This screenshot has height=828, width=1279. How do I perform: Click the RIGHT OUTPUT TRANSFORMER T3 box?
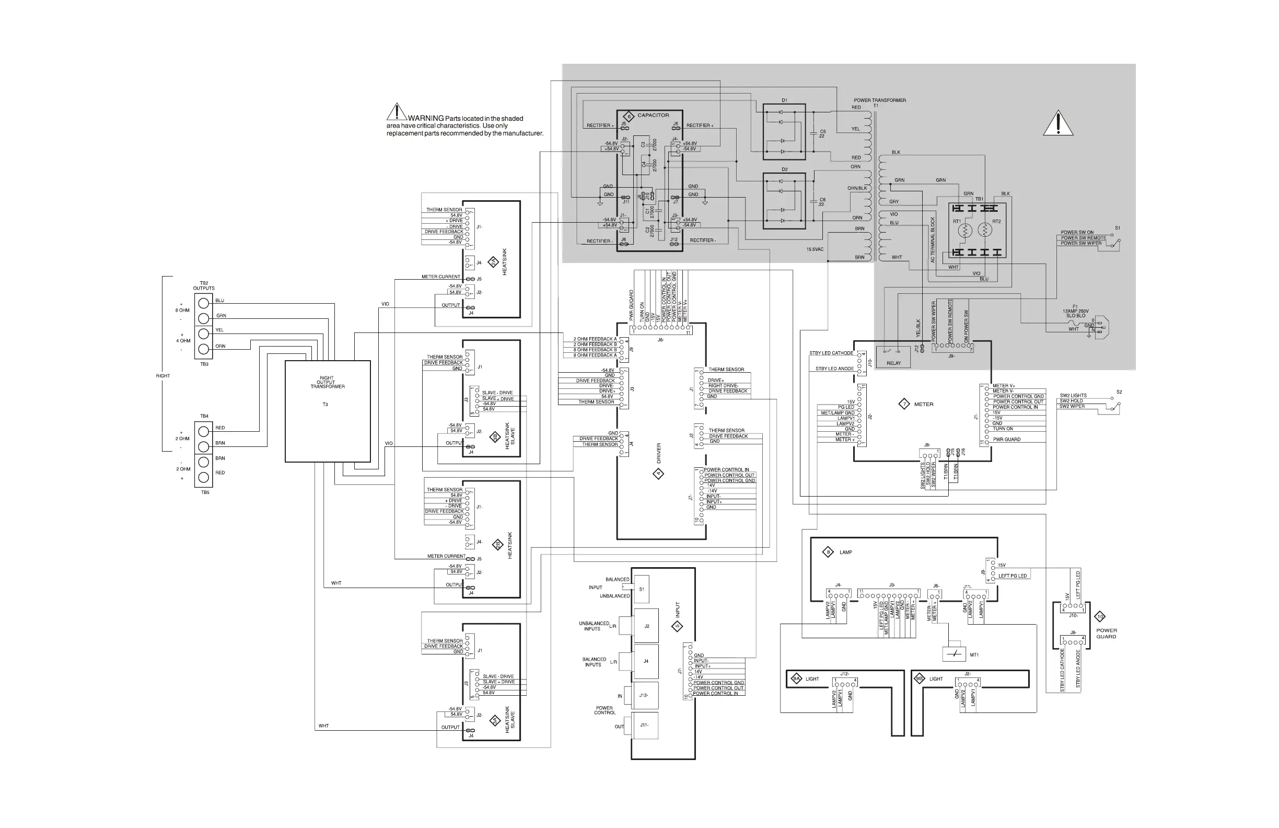coord(327,411)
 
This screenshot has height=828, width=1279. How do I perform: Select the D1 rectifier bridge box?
coord(784,132)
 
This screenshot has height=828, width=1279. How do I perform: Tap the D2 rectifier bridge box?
coord(784,201)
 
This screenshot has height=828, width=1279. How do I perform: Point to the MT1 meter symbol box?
coord(954,654)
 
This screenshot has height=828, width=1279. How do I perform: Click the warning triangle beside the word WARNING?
coord(396,112)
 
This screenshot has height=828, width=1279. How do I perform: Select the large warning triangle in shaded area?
coord(1057,124)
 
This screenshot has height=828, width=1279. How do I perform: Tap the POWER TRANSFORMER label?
coord(880,100)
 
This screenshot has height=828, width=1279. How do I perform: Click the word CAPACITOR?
coord(653,116)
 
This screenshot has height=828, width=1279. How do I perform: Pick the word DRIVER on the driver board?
coord(659,453)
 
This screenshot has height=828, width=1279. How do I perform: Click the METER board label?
coord(923,404)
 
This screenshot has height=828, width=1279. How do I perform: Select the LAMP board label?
coord(845,552)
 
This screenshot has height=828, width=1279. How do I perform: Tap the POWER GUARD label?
coord(1106,634)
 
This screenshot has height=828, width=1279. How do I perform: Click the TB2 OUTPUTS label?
coord(204,286)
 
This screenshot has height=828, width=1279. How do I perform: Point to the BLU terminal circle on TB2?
coord(204,303)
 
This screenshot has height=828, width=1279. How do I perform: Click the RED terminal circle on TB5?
coord(204,477)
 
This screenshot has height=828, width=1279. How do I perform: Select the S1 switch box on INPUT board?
coord(642,589)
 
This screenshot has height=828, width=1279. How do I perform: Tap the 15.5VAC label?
coord(815,249)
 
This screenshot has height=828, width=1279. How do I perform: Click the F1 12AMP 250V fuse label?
coord(1075,312)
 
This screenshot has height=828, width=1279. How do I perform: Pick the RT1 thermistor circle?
coord(965,231)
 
